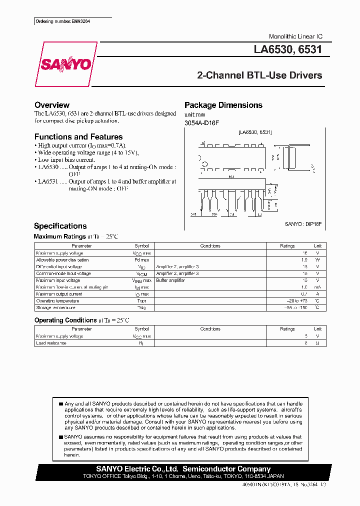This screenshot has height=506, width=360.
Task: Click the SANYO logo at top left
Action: tap(65, 64)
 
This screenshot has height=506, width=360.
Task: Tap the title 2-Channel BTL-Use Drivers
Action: tap(259, 75)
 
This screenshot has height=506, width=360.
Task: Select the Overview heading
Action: tap(51, 105)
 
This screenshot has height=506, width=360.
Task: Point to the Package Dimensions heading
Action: tap(223, 105)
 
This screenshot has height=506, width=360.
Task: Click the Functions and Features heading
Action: tap(78, 136)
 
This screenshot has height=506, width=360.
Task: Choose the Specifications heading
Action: tap(60, 226)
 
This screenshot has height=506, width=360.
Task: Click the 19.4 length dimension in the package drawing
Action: tap(231, 176)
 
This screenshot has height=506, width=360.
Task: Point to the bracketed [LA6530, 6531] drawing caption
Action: tap(255, 132)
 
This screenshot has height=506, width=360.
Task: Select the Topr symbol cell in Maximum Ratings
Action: tap(141, 301)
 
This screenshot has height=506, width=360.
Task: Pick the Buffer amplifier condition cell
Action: tap(170, 280)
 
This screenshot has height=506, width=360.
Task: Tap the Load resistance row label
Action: tap(51, 343)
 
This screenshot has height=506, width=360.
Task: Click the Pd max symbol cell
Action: tap(141, 260)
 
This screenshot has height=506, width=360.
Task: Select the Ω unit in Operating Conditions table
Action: tap(317, 343)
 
